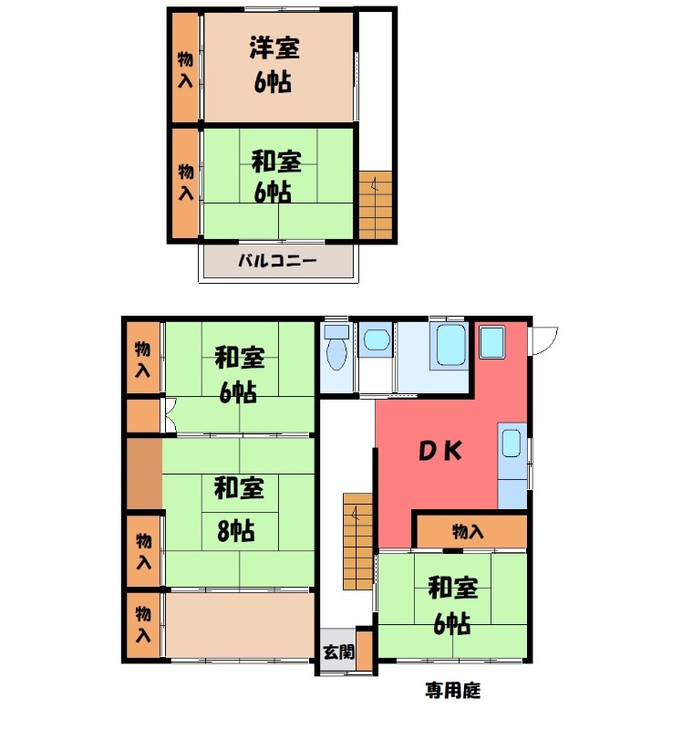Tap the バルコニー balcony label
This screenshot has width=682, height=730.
277,261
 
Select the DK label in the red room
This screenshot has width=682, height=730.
442,451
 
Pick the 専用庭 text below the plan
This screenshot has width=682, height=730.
452,690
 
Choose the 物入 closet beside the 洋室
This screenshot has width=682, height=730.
185,69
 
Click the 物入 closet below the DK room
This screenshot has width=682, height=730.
469,531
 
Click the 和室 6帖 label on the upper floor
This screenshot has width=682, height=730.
276,177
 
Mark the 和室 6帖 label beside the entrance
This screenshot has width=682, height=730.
451,604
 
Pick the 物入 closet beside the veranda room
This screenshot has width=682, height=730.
142,623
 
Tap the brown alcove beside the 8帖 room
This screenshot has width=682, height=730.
144,474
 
